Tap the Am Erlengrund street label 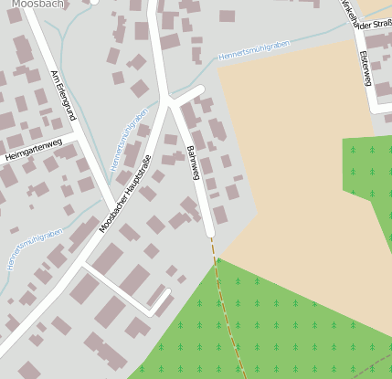62,95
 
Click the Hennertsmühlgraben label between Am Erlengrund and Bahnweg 128,140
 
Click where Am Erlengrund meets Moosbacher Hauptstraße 116,206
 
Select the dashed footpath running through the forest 229,311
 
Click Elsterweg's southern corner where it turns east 373,109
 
